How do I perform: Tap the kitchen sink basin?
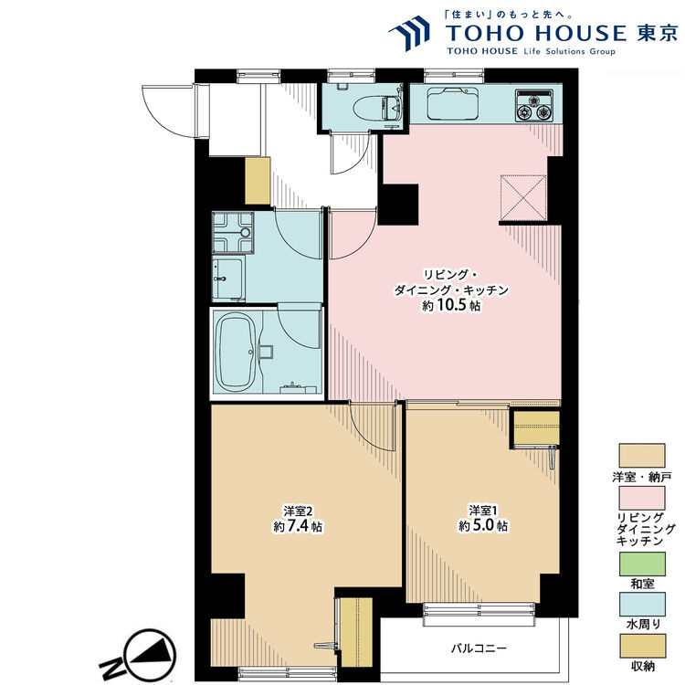pyautogui.click(x=453, y=104)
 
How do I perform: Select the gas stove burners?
pyautogui.click(x=534, y=106)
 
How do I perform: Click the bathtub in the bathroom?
pyautogui.click(x=237, y=353)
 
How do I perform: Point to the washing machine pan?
pyautogui.click(x=233, y=232)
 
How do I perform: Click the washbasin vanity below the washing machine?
pyautogui.click(x=228, y=279)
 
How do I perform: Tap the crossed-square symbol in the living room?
pyautogui.click(x=523, y=198)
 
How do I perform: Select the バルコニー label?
pyautogui.click(x=479, y=648)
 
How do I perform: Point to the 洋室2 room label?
pyautogui.click(x=298, y=511)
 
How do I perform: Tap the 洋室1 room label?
pyautogui.click(x=483, y=511)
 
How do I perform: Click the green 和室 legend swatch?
pyautogui.click(x=642, y=564)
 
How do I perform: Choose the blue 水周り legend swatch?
pyautogui.click(x=642, y=605)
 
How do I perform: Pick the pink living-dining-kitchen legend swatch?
pyautogui.click(x=642, y=498)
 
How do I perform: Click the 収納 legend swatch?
pyautogui.click(x=642, y=646)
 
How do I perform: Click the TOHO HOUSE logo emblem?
pyautogui.click(x=409, y=33)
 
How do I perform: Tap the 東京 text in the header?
pyautogui.click(x=657, y=33)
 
